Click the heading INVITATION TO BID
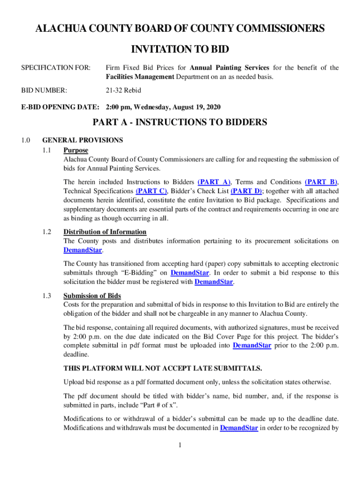[x=180, y=50]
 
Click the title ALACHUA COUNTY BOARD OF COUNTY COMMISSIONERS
[x=180, y=29]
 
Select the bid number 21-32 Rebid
[x=122, y=90]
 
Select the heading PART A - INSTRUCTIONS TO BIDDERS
[x=180, y=123]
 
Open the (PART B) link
[x=322, y=182]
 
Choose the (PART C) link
[x=151, y=191]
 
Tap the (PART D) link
[x=246, y=191]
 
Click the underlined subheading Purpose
[x=76, y=150]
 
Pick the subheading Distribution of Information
[x=105, y=232]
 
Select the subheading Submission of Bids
[x=92, y=296]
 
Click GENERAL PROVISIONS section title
[x=82, y=140]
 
